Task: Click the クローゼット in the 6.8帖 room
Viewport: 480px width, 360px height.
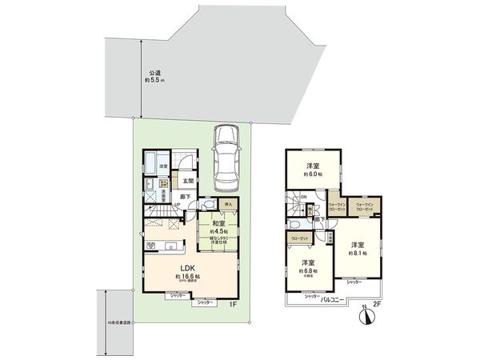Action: (x=300, y=238)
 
